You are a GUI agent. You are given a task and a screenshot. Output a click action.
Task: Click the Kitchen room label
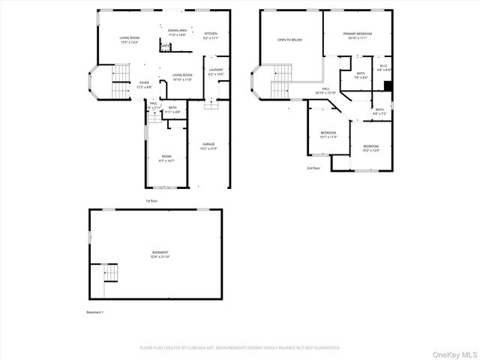(x=211, y=34)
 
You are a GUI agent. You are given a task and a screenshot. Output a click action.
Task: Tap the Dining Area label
(x=177, y=33)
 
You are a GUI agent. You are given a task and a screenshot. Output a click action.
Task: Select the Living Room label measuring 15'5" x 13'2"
(x=130, y=40)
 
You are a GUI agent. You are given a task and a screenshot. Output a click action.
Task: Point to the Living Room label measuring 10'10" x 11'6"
(x=182, y=76)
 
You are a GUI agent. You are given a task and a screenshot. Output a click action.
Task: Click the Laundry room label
(x=216, y=72)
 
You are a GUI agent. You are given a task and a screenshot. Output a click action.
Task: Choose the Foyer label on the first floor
(x=143, y=85)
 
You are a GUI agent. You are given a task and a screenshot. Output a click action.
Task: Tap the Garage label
(x=208, y=146)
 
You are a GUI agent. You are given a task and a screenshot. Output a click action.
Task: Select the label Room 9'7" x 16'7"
(x=166, y=159)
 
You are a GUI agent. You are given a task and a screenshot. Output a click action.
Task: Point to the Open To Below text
(x=289, y=40)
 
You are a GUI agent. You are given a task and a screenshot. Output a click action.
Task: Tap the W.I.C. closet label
(x=383, y=68)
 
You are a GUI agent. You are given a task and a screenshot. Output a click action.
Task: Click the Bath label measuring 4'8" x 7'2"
(x=379, y=112)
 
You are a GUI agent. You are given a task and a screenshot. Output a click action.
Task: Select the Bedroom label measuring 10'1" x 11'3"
(x=328, y=136)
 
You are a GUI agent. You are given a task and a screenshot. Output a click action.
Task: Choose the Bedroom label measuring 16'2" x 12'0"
(x=371, y=148)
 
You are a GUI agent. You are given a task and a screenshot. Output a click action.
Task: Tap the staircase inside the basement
(x=109, y=273)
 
